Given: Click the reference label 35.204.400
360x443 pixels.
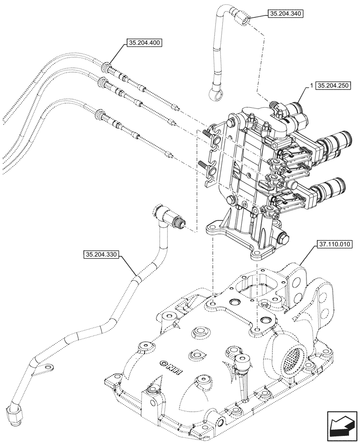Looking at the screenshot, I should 144,43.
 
